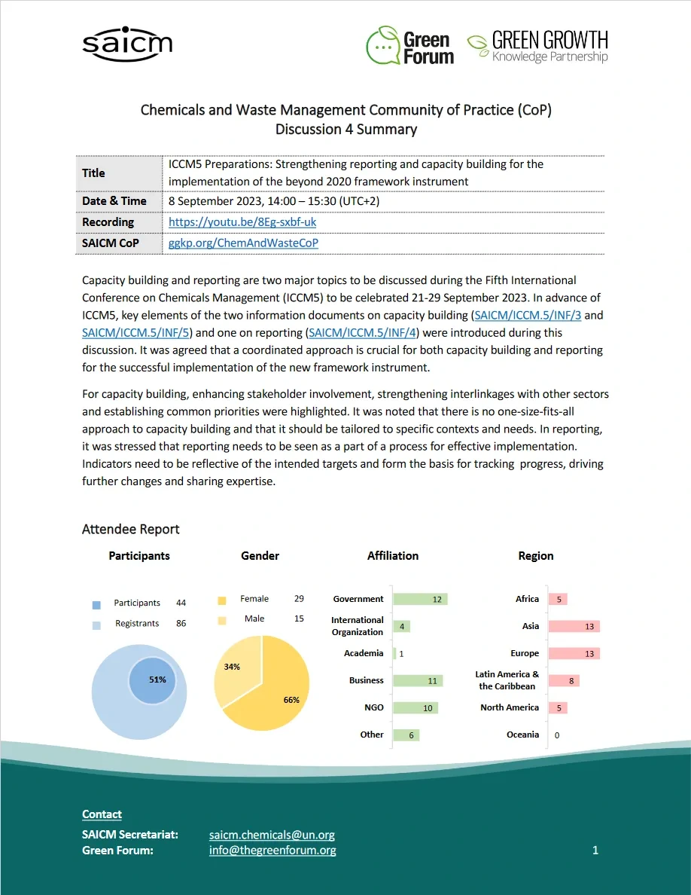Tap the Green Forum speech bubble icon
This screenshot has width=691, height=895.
[382, 45]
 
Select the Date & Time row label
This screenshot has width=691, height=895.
[114, 201]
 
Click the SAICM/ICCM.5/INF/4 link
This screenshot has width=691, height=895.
[364, 332]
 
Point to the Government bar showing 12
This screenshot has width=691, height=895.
[420, 599]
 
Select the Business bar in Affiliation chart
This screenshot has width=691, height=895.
[418, 680]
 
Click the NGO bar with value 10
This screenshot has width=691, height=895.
[416, 707]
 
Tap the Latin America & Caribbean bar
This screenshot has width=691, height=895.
[563, 680]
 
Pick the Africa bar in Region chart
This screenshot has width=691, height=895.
[557, 599]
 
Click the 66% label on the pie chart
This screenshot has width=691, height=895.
[291, 700]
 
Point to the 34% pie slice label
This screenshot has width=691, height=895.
[232, 667]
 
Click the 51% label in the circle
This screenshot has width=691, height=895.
[157, 679]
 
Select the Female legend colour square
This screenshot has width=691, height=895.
[221, 600]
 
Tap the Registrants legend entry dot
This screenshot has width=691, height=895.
[96, 625]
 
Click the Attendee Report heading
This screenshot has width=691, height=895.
[131, 530]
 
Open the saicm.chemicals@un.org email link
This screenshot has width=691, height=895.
[272, 835]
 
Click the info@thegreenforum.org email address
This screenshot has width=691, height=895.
[272, 850]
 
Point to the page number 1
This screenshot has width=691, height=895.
[595, 850]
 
